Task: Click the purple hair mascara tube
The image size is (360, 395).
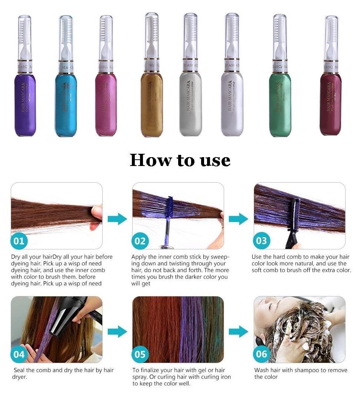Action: point(25,104)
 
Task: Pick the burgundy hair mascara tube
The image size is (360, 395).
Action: point(330,104)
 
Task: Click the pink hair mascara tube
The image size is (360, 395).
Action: point(106,104)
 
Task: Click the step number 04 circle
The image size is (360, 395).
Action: point(19,354)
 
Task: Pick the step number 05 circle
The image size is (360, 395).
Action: point(140,354)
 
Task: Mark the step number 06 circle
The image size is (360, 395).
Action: point(261,354)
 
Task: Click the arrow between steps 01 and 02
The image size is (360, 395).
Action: point(117,219)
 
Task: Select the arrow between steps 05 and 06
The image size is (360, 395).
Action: point(239,331)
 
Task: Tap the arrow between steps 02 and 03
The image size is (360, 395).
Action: point(239,219)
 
